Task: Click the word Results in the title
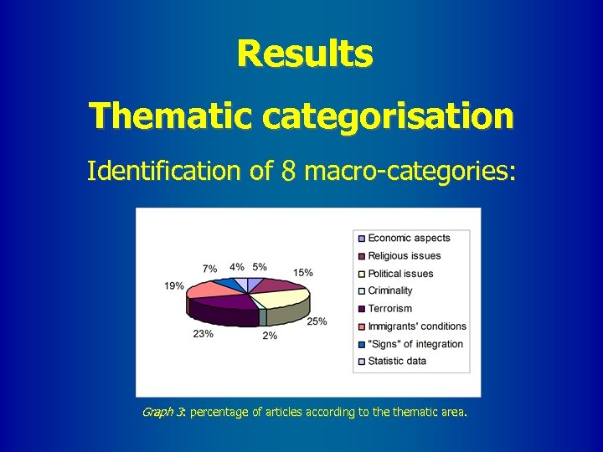coord(304,54)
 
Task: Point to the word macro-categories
coord(410,172)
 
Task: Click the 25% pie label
coord(317,321)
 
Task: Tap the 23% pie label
coord(203,333)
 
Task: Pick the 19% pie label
coord(174,286)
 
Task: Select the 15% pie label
coord(303,272)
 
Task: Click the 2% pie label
coord(270,336)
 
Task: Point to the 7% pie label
coord(209,269)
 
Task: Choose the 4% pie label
coord(237,267)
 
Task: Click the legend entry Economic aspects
coord(409,239)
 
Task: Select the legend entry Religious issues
coord(404,256)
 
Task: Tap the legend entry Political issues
coord(400,274)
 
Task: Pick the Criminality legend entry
coord(390,291)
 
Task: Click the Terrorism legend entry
coord(389,309)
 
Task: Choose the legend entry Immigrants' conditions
coord(416,326)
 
